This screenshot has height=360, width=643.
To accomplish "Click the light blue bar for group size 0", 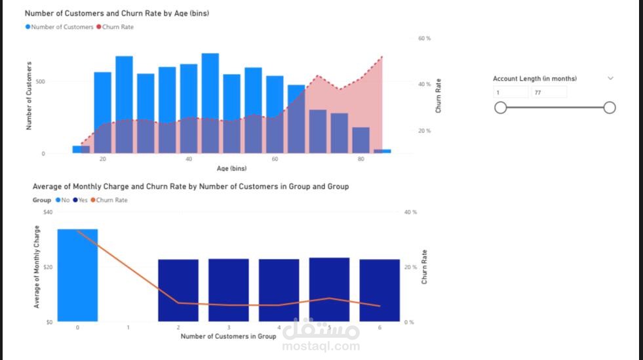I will (77, 275).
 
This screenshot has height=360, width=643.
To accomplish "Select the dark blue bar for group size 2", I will (178, 290).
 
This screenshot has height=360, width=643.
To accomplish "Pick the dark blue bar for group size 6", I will (380, 290).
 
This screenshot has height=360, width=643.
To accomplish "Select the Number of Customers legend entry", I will (60, 27).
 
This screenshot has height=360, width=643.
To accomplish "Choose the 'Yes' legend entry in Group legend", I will (80, 200).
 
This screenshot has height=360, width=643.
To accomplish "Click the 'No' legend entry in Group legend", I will (63, 200).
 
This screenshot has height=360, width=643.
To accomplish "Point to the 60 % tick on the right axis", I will (424, 39).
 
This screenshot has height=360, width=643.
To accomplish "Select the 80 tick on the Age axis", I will (361, 159).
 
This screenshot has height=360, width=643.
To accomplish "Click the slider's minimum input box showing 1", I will (511, 92).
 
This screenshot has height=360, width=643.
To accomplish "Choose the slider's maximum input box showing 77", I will (549, 92).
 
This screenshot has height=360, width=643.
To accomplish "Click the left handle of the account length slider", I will (501, 108).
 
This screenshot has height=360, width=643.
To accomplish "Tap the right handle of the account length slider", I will (610, 108).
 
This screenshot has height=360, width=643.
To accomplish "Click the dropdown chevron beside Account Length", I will (610, 78).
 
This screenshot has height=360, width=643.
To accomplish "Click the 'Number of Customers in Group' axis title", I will (228, 336).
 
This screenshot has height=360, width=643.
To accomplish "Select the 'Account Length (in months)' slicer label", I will (535, 79).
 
